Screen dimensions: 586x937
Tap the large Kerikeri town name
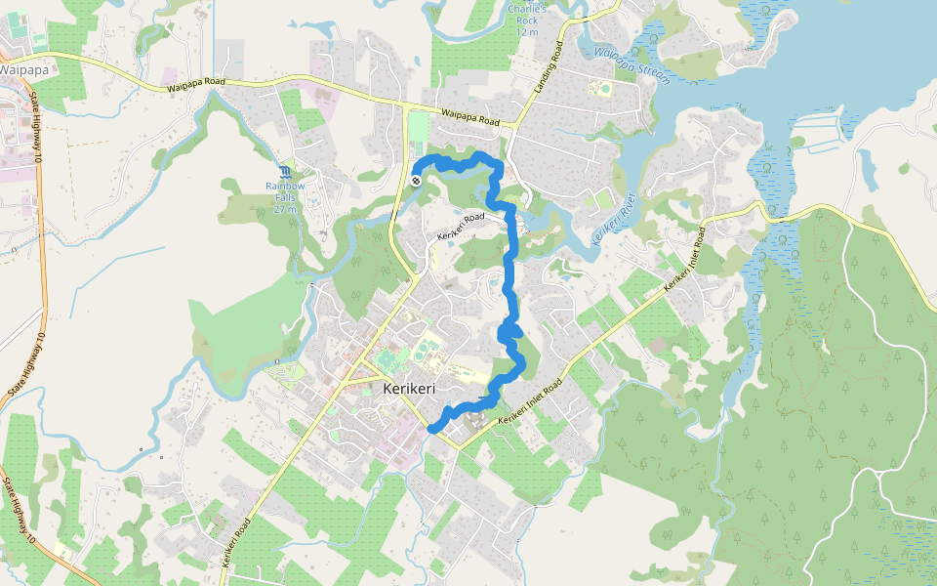(409, 389)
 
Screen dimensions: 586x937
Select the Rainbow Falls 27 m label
(286, 197)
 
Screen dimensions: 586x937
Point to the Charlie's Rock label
(528, 21)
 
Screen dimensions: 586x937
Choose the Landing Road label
(549, 66)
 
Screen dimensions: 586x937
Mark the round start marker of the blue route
(416, 180)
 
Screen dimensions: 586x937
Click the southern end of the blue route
(432, 427)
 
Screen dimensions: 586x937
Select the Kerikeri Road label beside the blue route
(462, 226)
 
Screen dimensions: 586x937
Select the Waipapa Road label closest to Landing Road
(476, 118)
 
